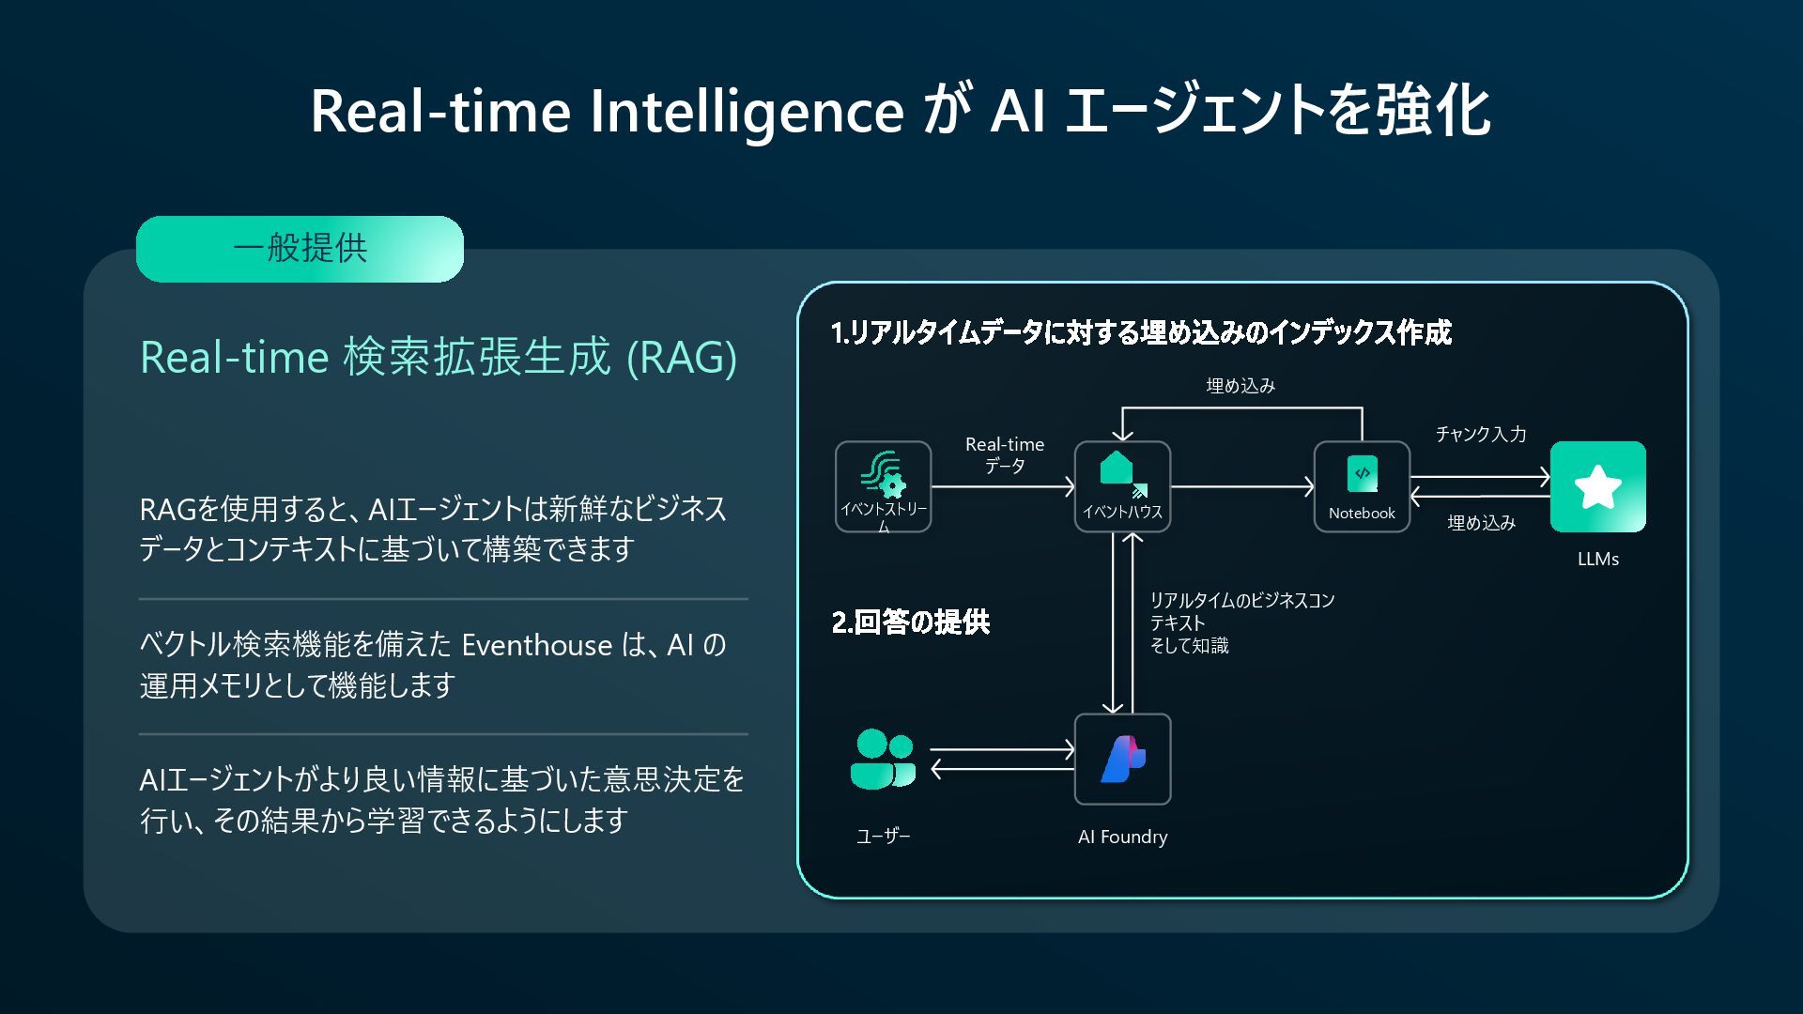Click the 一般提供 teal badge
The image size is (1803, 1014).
coord(300,249)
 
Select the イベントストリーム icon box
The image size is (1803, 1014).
coord(883,486)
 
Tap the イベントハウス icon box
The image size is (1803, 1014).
coord(1122,486)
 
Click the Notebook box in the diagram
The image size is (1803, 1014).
coord(1362,486)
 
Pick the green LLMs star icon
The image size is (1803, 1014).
coord(1597,486)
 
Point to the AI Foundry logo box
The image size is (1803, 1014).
coord(1122,759)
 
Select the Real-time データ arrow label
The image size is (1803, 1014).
coord(1004,454)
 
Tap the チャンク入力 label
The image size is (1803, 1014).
coord(1480,434)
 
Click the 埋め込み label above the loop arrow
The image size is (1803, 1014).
coord(1240,386)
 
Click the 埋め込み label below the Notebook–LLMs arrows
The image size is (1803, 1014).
coord(1481,523)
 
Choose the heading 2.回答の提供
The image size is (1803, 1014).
coord(910,622)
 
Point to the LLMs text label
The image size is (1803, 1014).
coord(1597,559)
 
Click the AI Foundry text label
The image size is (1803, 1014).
coord(1122,837)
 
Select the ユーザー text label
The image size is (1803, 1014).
coord(883,837)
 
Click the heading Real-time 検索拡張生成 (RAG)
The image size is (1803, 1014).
coord(439,358)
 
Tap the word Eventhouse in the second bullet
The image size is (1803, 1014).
coord(536,646)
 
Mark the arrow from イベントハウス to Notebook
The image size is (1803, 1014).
coord(1241,486)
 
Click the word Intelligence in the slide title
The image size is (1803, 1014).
coord(746,111)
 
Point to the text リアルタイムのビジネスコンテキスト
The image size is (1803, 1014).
coord(1241,611)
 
